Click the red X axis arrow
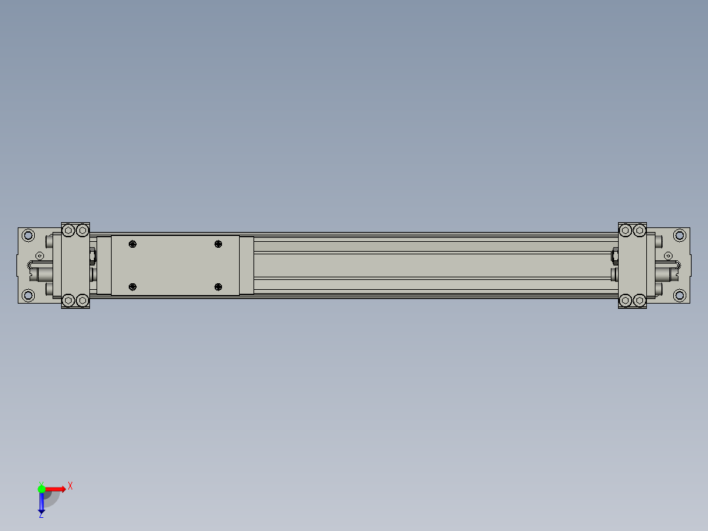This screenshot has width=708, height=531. (55, 489)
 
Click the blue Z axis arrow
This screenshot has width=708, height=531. (41, 503)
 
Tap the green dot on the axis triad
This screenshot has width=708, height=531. (41, 488)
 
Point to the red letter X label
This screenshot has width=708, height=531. (70, 486)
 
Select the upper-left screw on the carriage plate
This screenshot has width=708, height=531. (133, 244)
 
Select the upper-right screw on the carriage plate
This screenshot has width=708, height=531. (218, 244)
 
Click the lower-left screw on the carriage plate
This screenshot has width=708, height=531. (133, 287)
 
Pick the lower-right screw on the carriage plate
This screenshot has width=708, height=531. (218, 287)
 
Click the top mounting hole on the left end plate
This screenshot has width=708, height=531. (28, 235)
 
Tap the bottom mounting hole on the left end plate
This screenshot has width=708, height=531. (28, 296)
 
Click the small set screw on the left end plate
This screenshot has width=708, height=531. (39, 255)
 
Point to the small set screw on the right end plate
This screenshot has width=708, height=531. (668, 255)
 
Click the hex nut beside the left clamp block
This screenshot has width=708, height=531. (92, 255)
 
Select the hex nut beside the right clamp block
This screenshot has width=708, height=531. (615, 255)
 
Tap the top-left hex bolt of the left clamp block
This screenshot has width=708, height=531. (68, 230)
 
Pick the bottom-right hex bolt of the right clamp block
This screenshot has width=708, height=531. (640, 301)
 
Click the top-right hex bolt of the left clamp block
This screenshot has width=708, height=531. (82, 230)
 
